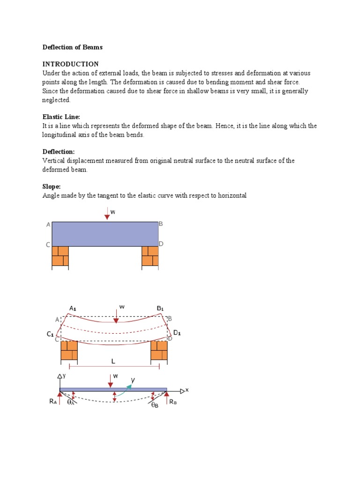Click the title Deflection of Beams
[x=72, y=47]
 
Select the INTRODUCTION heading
[x=70, y=64]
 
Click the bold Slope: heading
[x=52, y=187]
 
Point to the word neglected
[x=56, y=100]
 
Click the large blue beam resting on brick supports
[x=105, y=234]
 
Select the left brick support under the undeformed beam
[x=60, y=256]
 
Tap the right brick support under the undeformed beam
[x=150, y=256]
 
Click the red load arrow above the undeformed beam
[x=107, y=214]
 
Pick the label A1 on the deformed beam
[x=73, y=308]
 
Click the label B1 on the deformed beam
[x=160, y=308]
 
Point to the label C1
[x=50, y=334]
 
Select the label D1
[x=177, y=333]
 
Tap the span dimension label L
[x=113, y=361]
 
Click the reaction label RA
[x=52, y=402]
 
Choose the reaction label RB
[x=173, y=402]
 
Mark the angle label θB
[x=155, y=405]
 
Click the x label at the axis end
[x=187, y=390]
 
